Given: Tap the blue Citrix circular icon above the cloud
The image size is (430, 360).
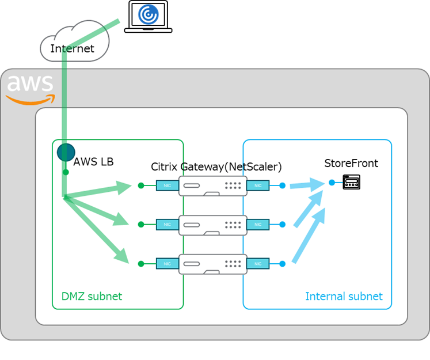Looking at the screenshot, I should pos(149,14).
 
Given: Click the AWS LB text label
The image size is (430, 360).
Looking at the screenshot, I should pos(93,162).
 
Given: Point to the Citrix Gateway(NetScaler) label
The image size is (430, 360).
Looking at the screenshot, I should pos(216,167).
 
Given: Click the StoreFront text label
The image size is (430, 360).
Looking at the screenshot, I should pos(351,164).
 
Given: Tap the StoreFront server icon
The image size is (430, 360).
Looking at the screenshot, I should pos(351,183).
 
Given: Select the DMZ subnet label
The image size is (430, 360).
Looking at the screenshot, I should pos(92,297).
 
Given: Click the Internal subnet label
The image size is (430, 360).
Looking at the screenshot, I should pos(344,297).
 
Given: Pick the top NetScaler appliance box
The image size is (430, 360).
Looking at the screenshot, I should pos(212,185).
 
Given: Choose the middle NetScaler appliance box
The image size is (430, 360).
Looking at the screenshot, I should pos(212,225).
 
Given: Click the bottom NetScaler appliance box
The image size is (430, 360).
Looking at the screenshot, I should pos(212,264).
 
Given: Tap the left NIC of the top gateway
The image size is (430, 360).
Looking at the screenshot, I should pos(167,185).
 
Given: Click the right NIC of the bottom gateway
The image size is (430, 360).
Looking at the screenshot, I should pos(258,264).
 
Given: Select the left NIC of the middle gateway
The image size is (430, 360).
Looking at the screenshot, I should pos(167,225).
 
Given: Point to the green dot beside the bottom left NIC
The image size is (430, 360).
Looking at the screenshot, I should pos(141,264).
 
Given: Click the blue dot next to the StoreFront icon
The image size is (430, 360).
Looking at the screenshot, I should pos(332,183).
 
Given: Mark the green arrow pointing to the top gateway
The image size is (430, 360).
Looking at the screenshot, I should pos(101,191).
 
